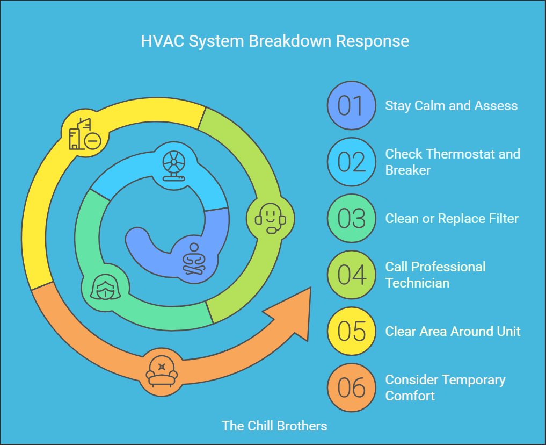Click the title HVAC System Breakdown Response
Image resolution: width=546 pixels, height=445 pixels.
(275, 41)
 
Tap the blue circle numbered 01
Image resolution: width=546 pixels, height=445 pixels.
(351, 105)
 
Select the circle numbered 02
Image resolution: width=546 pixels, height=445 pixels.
(351, 162)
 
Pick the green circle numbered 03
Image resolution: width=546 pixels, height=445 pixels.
(351, 218)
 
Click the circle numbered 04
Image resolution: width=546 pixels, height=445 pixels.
(351, 275)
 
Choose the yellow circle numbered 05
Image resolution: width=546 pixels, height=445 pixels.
(351, 331)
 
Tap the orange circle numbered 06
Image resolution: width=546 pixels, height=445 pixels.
(351, 387)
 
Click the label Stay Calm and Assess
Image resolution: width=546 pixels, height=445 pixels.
(451, 105)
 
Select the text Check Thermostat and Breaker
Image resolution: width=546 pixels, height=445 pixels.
(452, 162)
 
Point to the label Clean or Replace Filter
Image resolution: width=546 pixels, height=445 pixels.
(452, 219)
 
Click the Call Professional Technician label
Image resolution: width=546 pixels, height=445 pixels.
(435, 275)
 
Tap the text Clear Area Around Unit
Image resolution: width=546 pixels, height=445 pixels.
(453, 331)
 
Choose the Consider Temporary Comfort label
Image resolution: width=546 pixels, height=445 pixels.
(445, 387)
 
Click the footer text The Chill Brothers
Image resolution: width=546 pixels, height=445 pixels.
(274, 426)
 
